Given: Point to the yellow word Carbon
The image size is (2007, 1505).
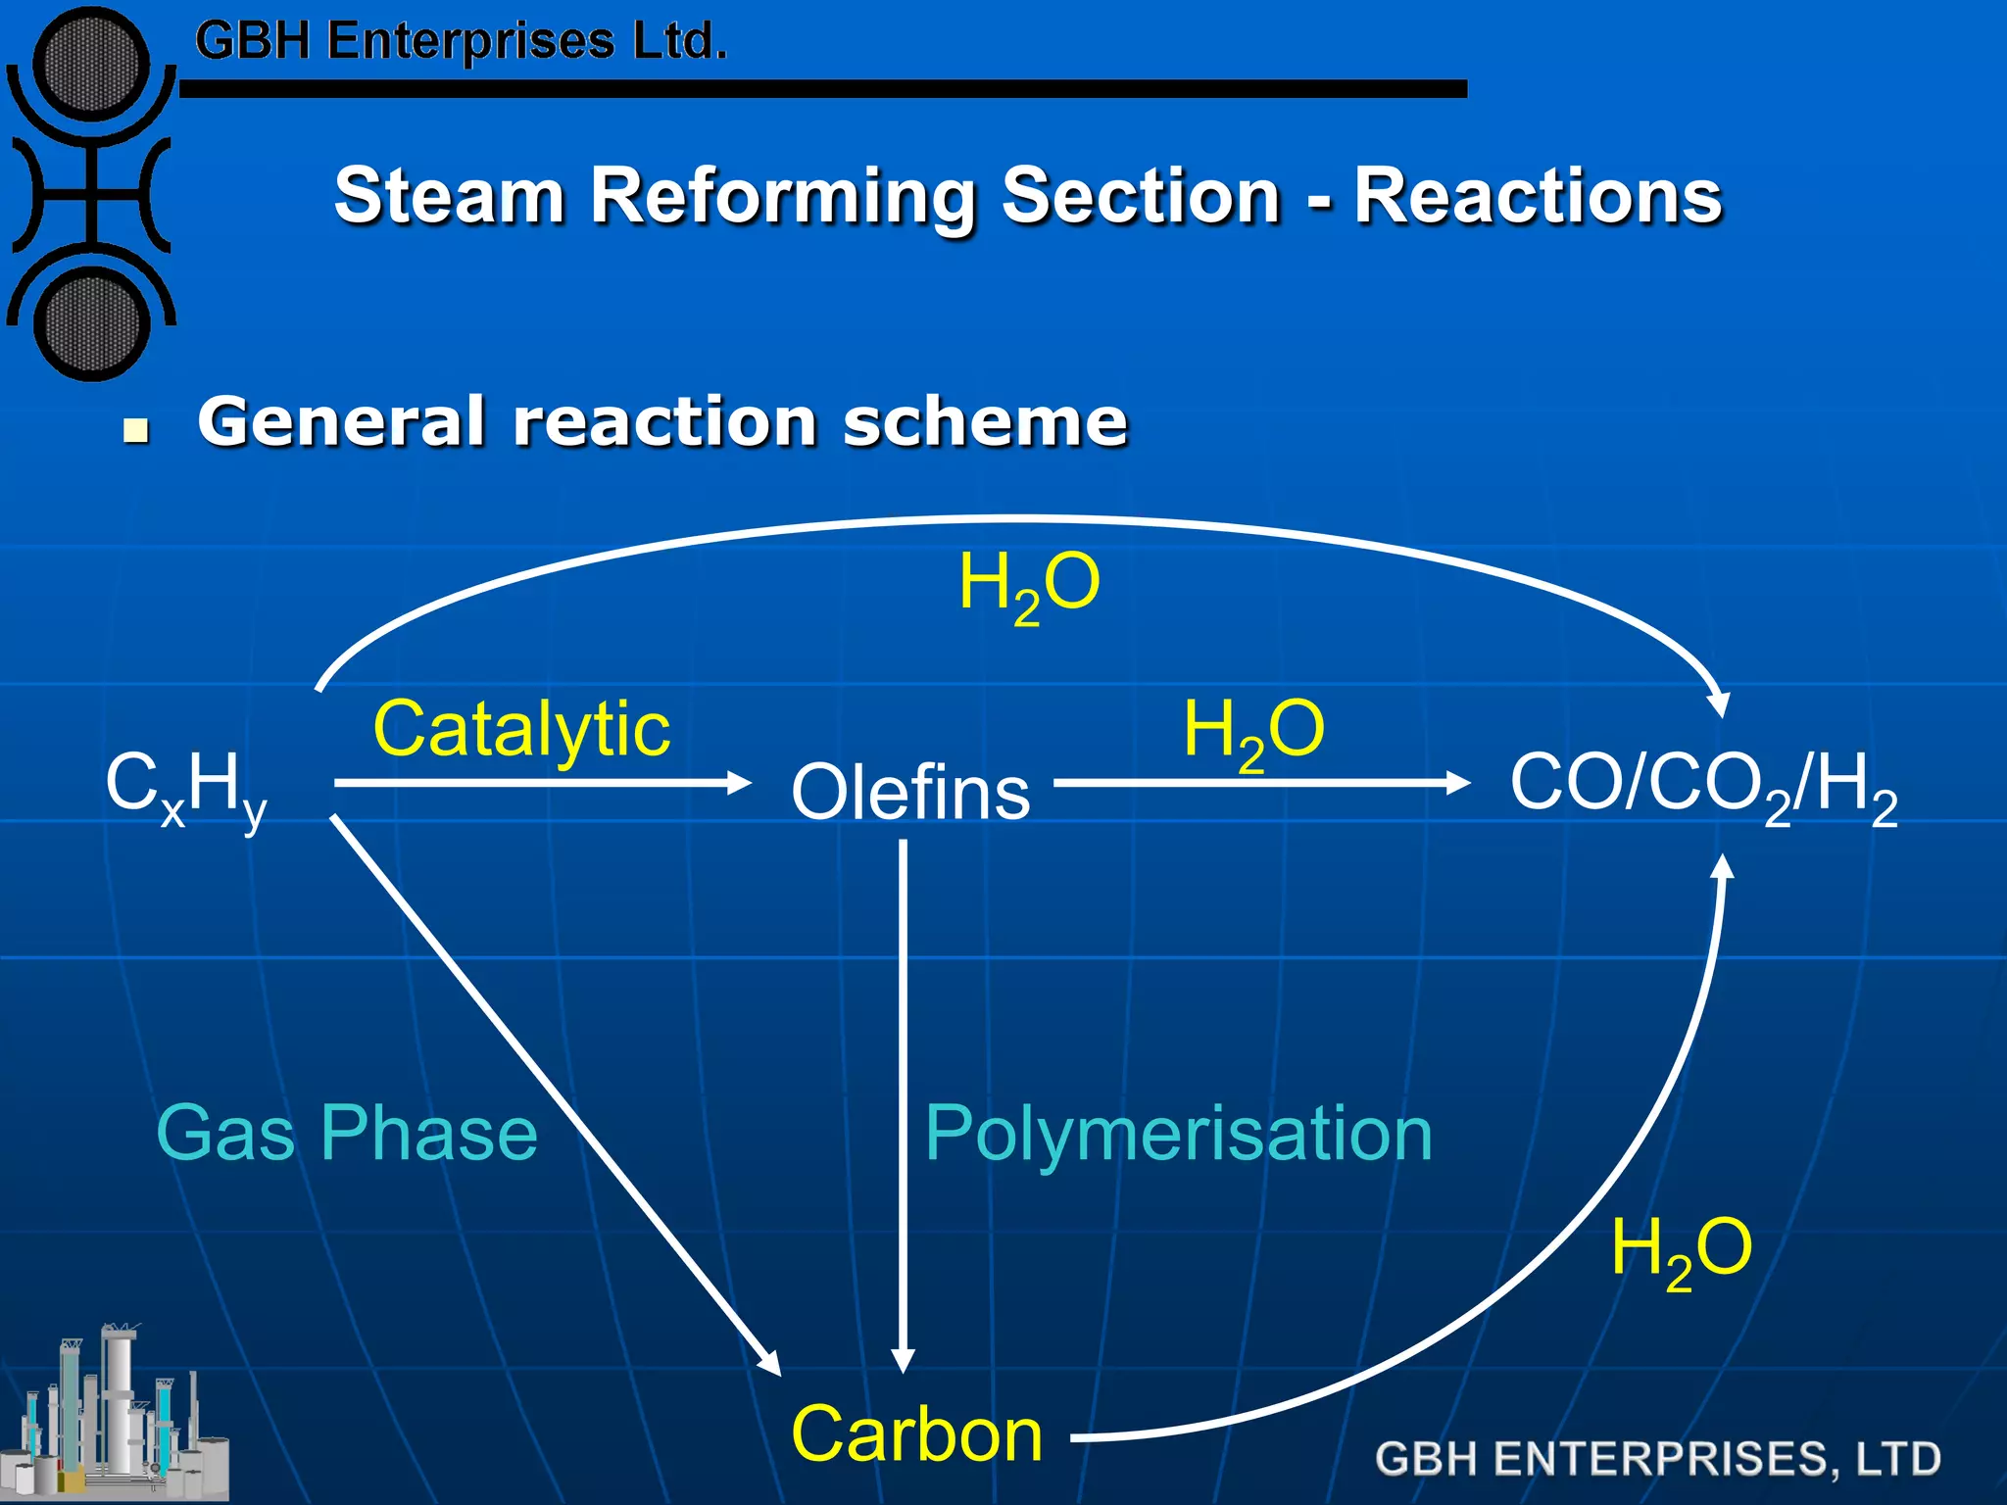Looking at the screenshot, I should click(x=916, y=1433).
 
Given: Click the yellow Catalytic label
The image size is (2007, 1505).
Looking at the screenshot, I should click(x=521, y=729).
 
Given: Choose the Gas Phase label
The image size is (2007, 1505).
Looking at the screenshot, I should click(x=347, y=1133).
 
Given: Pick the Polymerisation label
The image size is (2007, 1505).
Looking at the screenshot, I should click(x=1178, y=1134).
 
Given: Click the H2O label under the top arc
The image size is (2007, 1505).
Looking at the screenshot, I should click(x=1029, y=585).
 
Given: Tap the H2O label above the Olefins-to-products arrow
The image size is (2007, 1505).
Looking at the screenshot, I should click(x=1253, y=732).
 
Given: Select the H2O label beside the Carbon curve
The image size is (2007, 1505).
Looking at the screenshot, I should click(x=1682, y=1250).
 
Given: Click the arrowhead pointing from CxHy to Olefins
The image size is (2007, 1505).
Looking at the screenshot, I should click(x=739, y=783).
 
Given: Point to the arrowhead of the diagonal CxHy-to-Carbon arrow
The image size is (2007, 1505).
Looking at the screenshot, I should click(x=770, y=1363).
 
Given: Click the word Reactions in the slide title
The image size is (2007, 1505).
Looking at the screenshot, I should click(x=1538, y=195).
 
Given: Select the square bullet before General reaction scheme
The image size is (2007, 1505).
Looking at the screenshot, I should click(x=136, y=430).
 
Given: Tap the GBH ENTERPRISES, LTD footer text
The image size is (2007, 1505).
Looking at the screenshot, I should click(x=1657, y=1458).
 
